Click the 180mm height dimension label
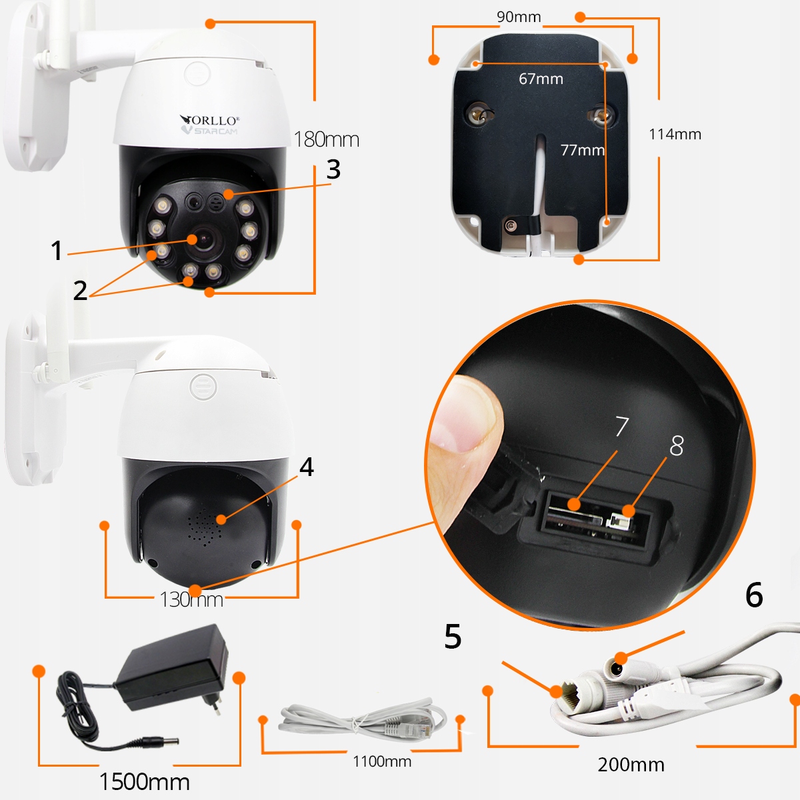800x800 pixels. coord(326,139)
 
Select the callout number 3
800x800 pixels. coord(333,169)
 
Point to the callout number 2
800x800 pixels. coord(80,290)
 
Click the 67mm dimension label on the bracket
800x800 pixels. coord(541,79)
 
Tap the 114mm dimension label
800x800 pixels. coord(675,134)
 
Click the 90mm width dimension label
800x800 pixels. coord(519,17)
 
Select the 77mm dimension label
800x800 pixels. coord(582,150)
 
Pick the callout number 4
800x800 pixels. coord(306,467)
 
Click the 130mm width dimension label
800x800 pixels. coord(191,599)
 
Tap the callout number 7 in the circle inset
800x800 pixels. coord(621,426)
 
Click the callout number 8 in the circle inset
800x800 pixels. coord(676,446)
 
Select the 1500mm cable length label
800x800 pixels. coord(144,781)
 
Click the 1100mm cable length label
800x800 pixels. coord(382,761)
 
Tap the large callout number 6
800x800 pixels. coord(754,595)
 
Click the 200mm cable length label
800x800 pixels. coord(631,764)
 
